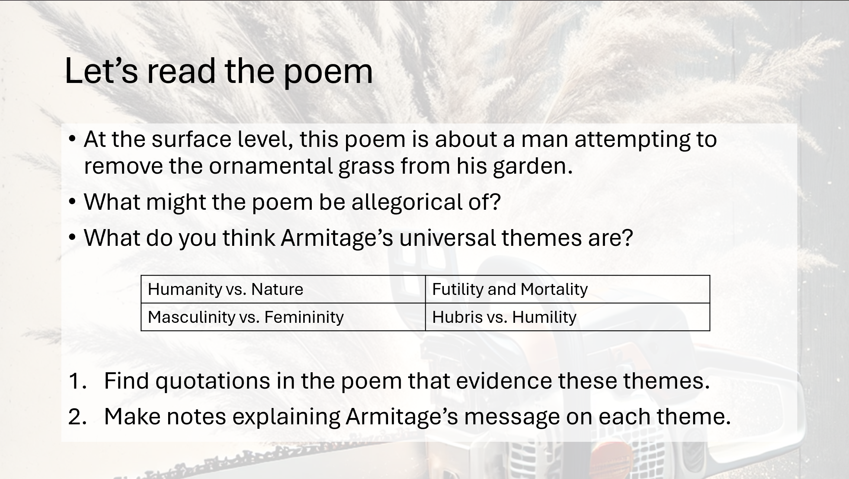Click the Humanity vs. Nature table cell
(283, 289)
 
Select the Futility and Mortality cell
(567, 289)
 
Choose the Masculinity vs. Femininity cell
(283, 317)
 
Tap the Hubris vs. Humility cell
(567, 317)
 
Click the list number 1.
(77, 381)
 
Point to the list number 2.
(77, 417)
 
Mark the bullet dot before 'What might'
(72, 202)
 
